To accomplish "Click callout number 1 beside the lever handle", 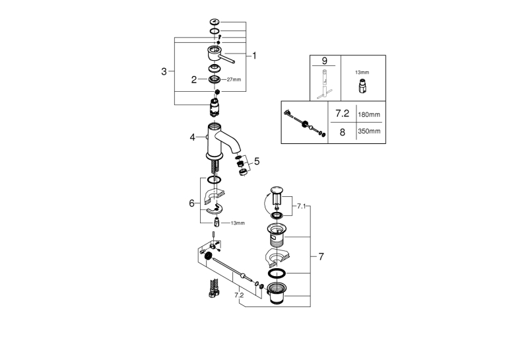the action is click(x=254, y=55).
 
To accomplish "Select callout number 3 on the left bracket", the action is click(x=164, y=71).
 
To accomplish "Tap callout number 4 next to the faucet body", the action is click(x=192, y=137).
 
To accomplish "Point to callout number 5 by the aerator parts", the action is click(x=257, y=161).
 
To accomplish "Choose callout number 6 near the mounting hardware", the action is click(x=191, y=203).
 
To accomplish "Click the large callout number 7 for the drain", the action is click(x=321, y=256).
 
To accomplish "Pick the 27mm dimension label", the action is click(x=234, y=80).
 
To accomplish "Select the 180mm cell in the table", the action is click(x=369, y=114).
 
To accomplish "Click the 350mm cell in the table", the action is click(x=369, y=131).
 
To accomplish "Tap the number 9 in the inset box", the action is click(x=324, y=61).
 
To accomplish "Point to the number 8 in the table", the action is click(x=343, y=132).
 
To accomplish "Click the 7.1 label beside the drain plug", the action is click(x=301, y=206).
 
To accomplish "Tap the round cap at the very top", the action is click(x=215, y=22).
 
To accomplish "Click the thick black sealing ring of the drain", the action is click(x=277, y=273).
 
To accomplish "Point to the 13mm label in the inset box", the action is click(x=362, y=73).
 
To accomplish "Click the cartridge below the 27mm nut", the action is click(x=215, y=107).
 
